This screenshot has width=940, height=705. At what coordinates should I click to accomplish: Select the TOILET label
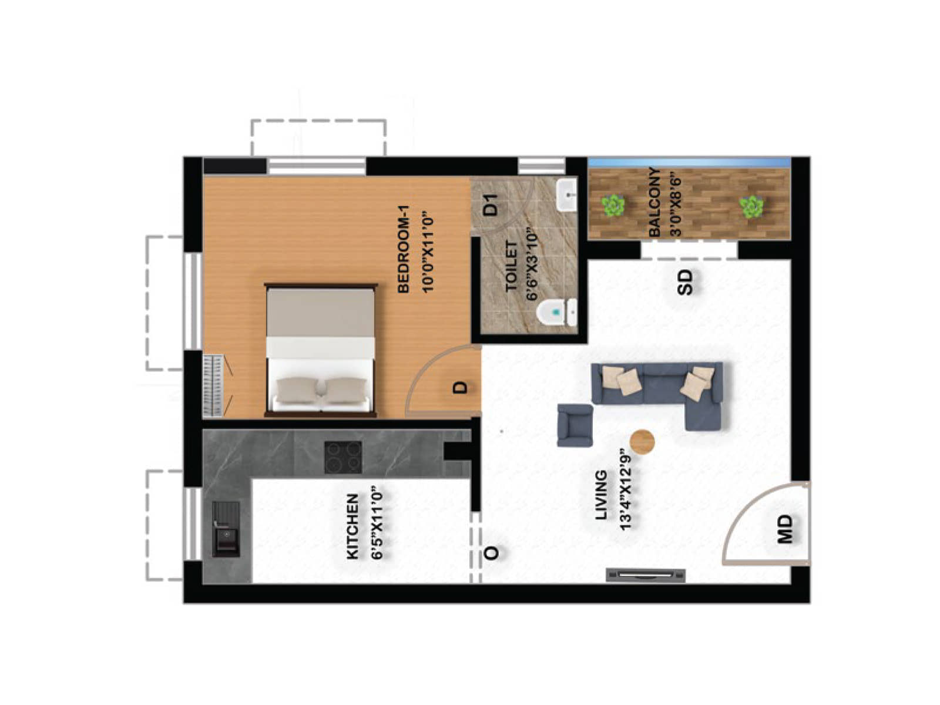coord(511,266)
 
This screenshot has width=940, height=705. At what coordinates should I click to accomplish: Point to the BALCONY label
coord(654,202)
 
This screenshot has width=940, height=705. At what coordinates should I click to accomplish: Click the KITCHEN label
coord(352,526)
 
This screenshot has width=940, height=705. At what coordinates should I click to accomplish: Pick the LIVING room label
coord(601,495)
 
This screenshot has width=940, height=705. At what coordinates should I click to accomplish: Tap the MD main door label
coord(785,529)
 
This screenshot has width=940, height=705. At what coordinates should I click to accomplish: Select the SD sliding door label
coord(685,281)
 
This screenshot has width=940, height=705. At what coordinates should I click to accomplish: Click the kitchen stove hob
coord(343,456)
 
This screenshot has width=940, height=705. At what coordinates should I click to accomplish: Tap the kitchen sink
coord(226,529)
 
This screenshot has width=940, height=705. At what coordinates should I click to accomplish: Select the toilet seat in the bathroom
coord(556,313)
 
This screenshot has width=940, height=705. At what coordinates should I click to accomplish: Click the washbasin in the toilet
coord(566,195)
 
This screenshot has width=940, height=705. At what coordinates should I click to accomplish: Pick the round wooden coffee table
coord(642,441)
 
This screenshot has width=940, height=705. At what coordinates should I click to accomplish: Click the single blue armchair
coord(575,425)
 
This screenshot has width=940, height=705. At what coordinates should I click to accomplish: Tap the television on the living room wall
coord(645,575)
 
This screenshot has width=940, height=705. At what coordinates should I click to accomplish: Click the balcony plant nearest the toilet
coord(613,206)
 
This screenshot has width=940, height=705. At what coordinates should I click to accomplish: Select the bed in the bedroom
coord(320,350)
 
